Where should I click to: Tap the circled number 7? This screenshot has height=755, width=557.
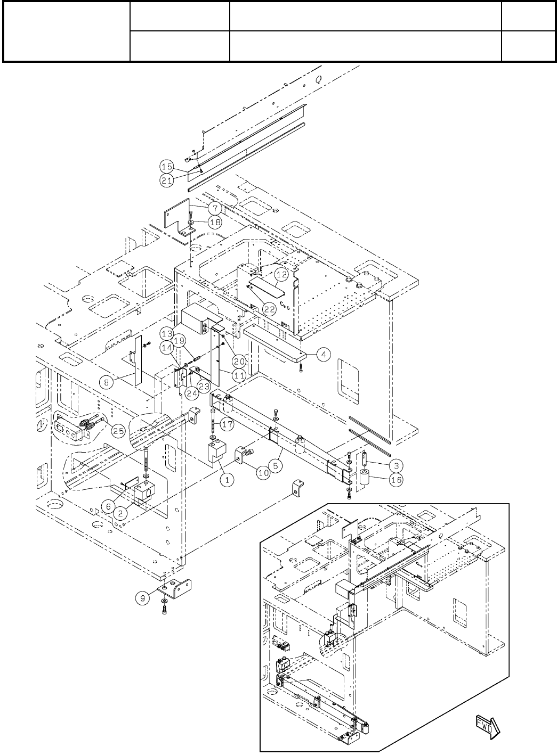coord(214,207)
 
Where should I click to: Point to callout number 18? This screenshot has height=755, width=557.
coord(214,223)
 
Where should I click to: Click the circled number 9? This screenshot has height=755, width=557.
coord(142,597)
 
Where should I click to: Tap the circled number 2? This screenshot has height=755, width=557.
coord(122,513)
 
